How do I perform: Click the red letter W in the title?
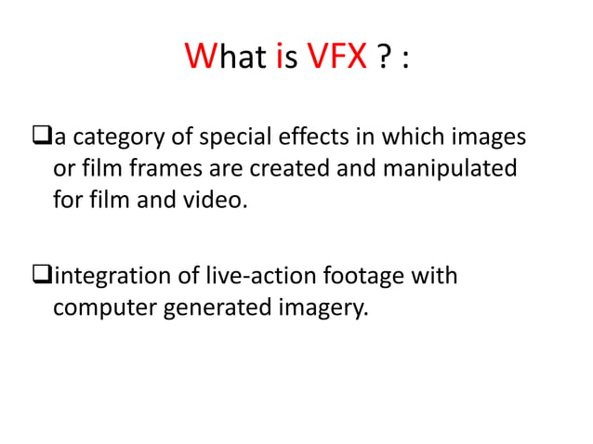click(x=200, y=59)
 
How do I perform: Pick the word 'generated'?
click(x=213, y=307)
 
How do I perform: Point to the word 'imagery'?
click(x=317, y=307)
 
